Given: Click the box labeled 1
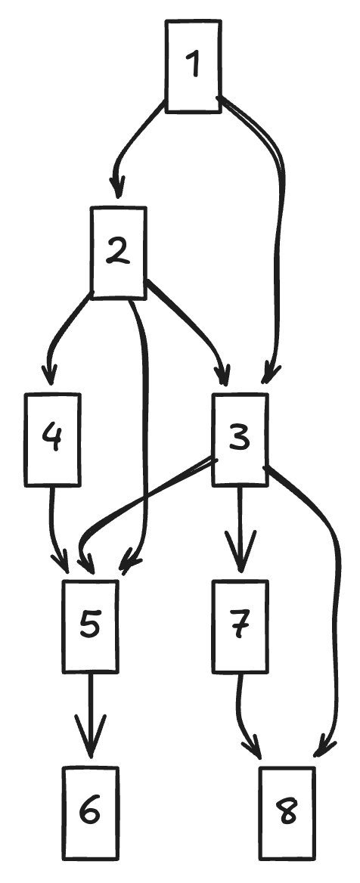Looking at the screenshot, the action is point(194,67).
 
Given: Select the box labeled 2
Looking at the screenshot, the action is point(118,253).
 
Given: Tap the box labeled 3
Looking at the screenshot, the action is point(240,439).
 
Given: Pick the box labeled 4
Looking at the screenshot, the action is point(52,439).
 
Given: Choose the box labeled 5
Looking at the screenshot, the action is point(90,626).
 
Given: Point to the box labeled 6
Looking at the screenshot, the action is point(90,813).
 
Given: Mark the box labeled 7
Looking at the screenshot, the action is point(241,626).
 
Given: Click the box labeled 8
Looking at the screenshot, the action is point(287,813).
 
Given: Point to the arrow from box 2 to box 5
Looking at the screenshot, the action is point(144,434).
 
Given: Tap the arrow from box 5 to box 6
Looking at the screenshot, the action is point(90,715).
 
